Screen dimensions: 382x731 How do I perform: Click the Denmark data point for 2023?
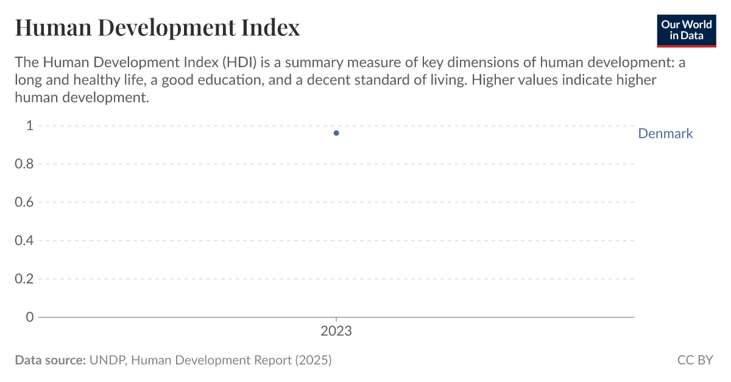tap(336, 133)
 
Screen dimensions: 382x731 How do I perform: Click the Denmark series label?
tap(665, 133)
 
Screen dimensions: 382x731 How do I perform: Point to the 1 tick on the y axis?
tap(29, 126)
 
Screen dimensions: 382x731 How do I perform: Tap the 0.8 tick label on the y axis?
tap(24, 164)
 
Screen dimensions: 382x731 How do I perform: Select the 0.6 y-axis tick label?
tap(24, 202)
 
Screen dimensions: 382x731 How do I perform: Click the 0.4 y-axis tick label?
tap(24, 241)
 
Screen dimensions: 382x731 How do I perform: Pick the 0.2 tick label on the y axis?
tap(24, 279)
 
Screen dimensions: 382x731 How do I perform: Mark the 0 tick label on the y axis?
tap(29, 317)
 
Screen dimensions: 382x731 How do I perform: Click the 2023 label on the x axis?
tap(336, 332)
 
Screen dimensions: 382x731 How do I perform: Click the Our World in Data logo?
tap(687, 30)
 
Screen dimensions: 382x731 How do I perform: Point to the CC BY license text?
tap(695, 360)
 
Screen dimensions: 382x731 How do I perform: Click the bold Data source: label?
tap(50, 360)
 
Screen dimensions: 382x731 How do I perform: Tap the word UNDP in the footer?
tap(107, 360)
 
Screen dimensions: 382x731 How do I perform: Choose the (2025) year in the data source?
tap(313, 360)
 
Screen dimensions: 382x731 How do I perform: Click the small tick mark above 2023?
tap(336, 319)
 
